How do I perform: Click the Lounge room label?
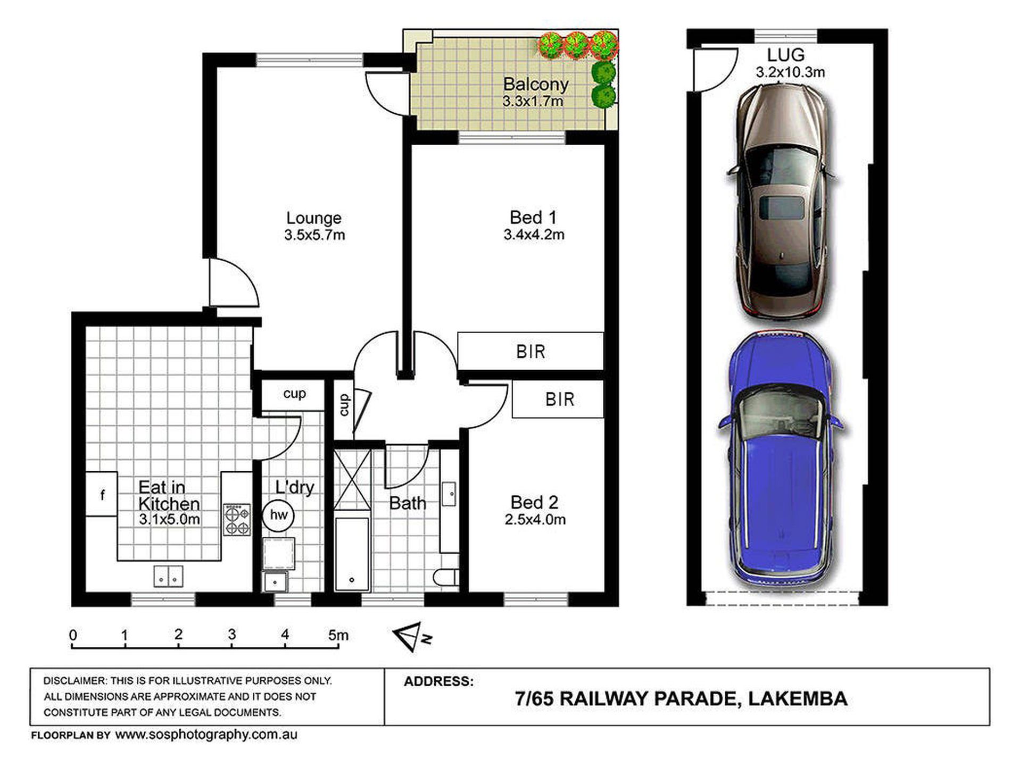[x=314, y=218]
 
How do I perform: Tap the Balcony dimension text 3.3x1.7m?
[x=533, y=101]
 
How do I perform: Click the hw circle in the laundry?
[x=278, y=515]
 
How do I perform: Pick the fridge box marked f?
[x=102, y=494]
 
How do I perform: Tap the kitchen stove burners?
[x=237, y=520]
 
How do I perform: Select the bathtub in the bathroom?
[x=352, y=554]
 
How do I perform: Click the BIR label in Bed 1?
[x=531, y=351]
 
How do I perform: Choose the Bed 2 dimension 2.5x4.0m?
[x=535, y=519]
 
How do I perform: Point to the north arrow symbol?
[x=412, y=637]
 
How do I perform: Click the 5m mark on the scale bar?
[x=338, y=635]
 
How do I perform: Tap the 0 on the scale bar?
[x=73, y=635]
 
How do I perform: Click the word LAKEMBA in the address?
[x=798, y=698]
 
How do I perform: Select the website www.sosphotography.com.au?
[x=206, y=735]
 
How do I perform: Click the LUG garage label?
[x=785, y=55]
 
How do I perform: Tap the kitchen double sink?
[x=169, y=576]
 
